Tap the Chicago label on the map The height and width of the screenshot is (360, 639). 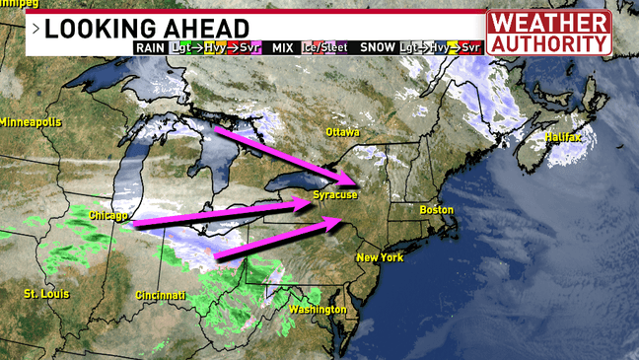coord(108,215)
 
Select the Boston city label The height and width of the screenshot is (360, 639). coord(436,210)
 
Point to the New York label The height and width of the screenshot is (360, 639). coord(380,257)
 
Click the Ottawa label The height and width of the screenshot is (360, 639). coord(343,132)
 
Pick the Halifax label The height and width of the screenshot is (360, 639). coord(563,137)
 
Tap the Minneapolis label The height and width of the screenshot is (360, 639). coord(31,122)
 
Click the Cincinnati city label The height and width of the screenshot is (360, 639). coord(161,295)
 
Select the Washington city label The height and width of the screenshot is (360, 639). coord(318,310)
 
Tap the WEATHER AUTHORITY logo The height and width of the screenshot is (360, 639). coord(548,34)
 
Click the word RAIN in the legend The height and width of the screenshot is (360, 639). coord(149,47)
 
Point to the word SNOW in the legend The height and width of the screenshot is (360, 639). coord(378,47)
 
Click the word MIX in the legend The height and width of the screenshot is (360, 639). coord(283,47)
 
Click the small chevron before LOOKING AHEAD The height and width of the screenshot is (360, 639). coord(36,29)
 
